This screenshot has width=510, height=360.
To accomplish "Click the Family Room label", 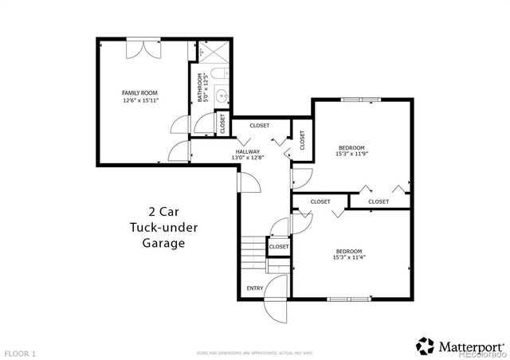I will click(x=136, y=93).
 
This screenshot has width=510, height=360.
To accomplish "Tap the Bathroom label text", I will click(x=200, y=87).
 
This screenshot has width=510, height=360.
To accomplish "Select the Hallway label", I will click(x=247, y=151).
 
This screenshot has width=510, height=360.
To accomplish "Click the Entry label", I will click(x=255, y=288).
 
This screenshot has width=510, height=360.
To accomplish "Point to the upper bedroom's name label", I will click(x=351, y=147).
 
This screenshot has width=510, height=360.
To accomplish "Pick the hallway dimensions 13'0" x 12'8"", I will click(x=247, y=158).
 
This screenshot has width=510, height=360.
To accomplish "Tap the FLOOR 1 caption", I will click(x=20, y=351).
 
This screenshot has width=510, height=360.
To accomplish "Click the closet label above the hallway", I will click(x=260, y=125).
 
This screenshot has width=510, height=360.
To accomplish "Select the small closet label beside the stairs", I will click(x=279, y=247).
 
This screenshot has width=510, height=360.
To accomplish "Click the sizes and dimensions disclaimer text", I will click(x=255, y=351).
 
